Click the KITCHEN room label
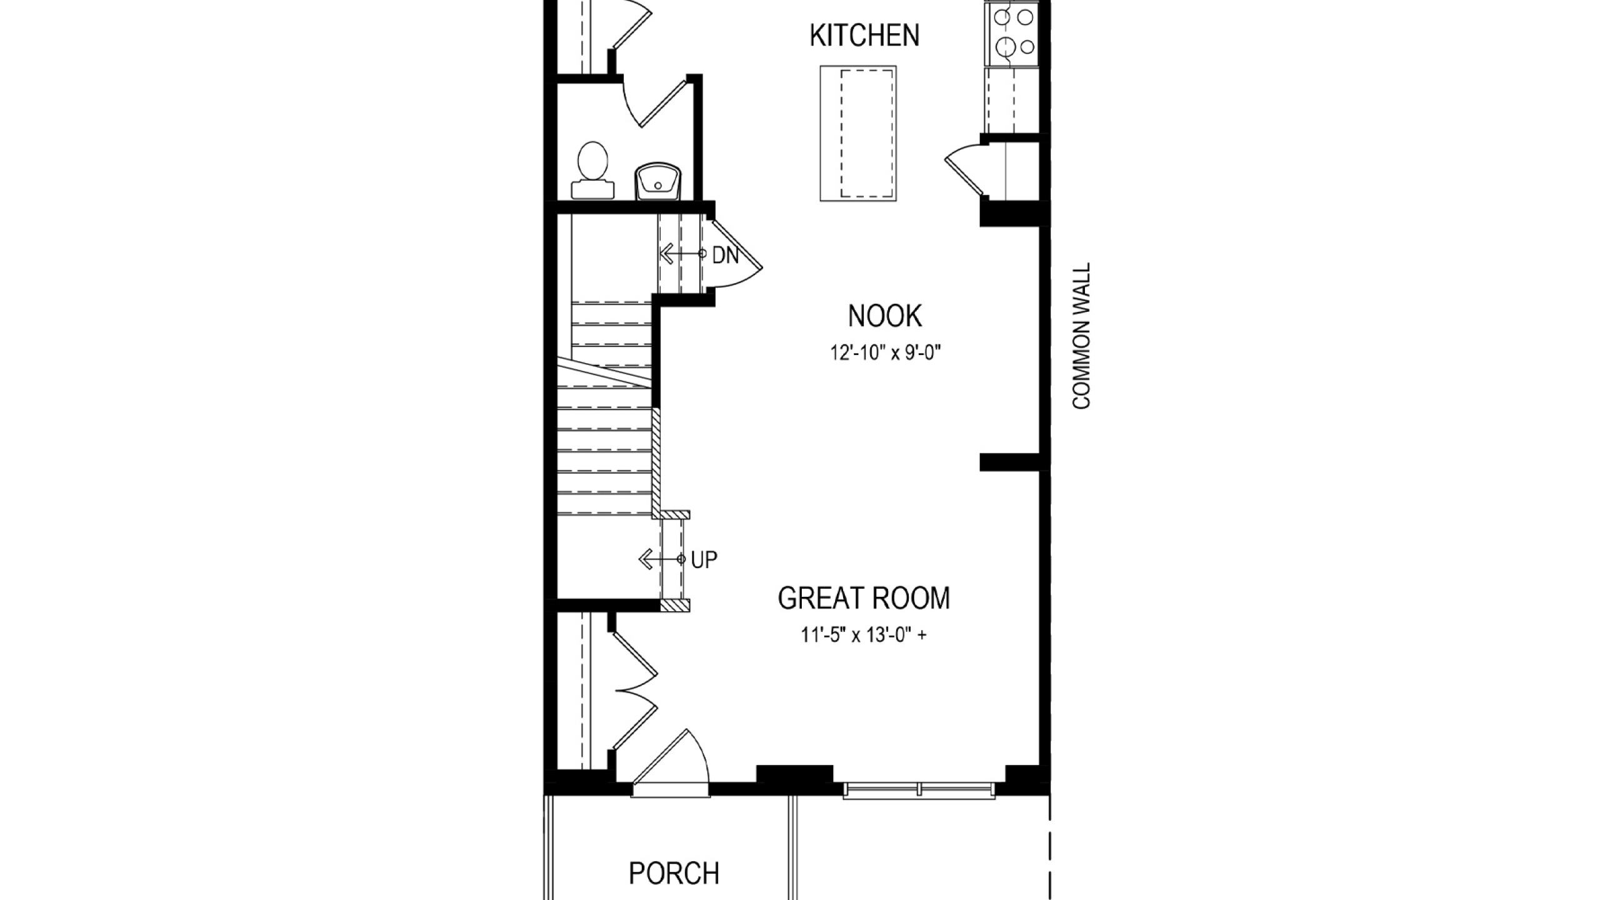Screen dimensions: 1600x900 [864, 36]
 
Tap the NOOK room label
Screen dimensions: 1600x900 [884, 316]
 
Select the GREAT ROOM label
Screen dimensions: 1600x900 [864, 598]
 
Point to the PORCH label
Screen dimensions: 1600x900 [674, 873]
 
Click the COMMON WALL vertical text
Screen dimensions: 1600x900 [1081, 336]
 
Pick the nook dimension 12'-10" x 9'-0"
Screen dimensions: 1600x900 [885, 353]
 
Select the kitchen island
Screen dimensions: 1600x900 [858, 134]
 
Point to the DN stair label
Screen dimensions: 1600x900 [726, 255]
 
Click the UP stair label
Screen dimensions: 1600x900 [704, 560]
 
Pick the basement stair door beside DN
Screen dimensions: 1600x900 [735, 252]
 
